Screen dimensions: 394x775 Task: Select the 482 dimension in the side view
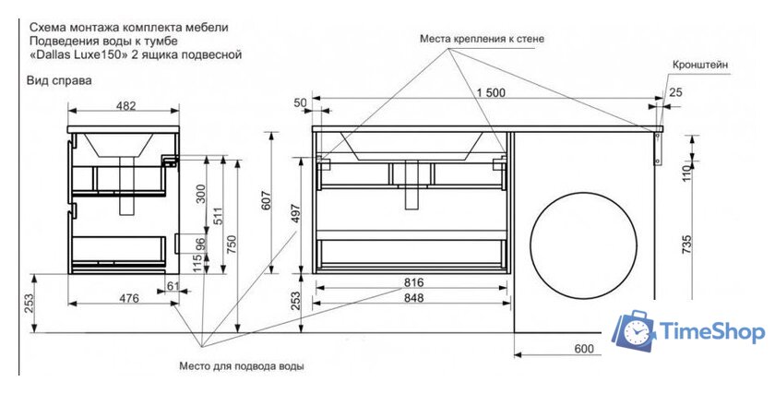(125, 106)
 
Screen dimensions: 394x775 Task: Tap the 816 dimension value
(412, 281)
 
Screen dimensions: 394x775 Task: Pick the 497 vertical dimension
(296, 214)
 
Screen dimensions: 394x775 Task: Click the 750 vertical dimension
(232, 244)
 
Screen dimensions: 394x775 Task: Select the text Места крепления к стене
(482, 40)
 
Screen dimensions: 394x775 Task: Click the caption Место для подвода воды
(242, 366)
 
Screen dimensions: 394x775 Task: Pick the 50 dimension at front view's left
(299, 102)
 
